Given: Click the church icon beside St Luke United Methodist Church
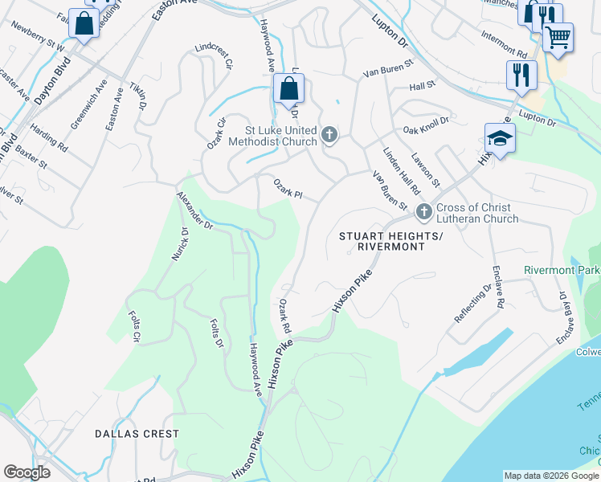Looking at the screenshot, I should (329, 136).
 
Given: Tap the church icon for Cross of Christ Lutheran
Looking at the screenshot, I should (423, 213).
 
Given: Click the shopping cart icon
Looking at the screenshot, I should (558, 35).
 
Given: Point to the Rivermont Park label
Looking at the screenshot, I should (560, 270).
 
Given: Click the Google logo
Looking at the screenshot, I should (27, 472).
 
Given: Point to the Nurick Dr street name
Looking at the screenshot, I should (178, 246).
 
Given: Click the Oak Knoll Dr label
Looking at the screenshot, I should (426, 125).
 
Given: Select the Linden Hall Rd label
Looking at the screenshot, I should (401, 171).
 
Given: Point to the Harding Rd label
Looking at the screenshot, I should (49, 137).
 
